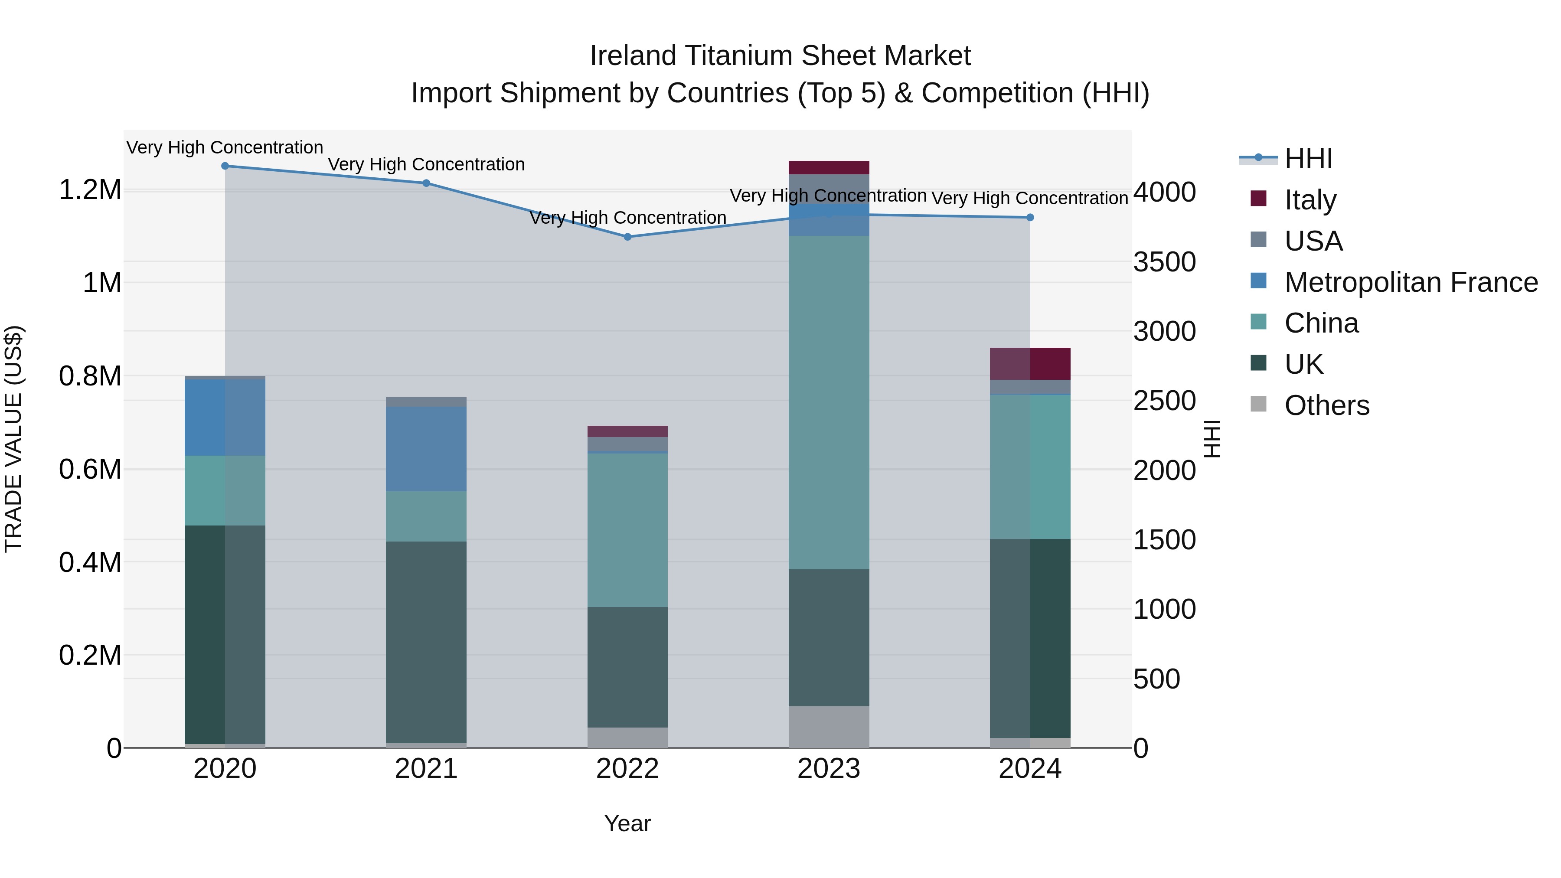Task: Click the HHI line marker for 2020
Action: [225, 166]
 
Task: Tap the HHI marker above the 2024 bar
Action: [1030, 218]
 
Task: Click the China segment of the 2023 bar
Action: [829, 402]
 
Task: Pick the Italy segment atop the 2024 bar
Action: [1030, 364]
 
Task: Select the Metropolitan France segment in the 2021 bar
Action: [426, 449]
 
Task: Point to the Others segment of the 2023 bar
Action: [829, 727]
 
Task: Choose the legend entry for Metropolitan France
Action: [1411, 282]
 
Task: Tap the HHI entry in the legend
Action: [1308, 159]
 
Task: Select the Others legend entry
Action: [1326, 405]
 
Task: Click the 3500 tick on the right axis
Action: [1164, 262]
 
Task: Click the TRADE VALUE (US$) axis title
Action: [13, 439]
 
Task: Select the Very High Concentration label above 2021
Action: [426, 164]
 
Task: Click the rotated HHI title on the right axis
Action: [1212, 439]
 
